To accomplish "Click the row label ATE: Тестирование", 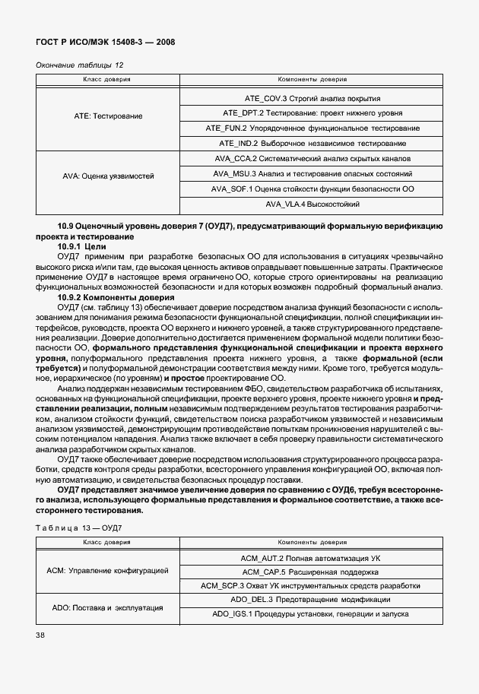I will [x=107, y=116].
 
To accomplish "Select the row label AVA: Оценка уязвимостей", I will [x=107, y=176].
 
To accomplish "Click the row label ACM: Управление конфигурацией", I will [x=107, y=570].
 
